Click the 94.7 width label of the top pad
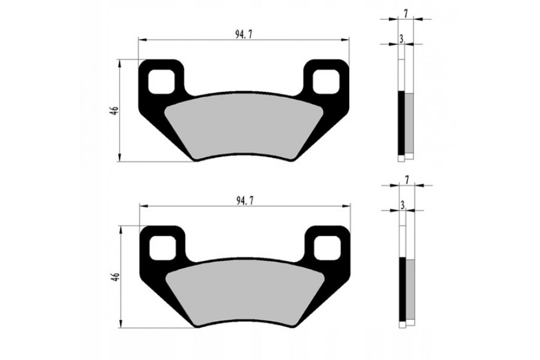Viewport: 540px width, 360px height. coord(242,34)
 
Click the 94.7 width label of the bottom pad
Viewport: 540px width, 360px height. coord(245,202)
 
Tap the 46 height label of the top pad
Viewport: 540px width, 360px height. coord(115,110)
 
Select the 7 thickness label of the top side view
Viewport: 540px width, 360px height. coord(406,14)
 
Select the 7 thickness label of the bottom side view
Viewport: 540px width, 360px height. coord(407,180)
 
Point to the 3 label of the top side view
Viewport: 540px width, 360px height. coord(401,39)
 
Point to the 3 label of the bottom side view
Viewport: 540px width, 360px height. coord(403,205)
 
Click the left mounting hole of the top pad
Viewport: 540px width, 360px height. coord(161,82)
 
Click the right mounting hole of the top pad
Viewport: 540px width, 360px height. coord(326,82)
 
